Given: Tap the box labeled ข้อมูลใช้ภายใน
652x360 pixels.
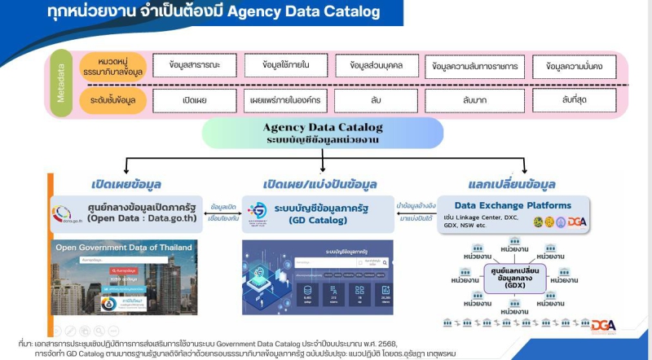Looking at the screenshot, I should pyautogui.click(x=279, y=65).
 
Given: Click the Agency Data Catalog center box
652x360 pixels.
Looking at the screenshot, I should pyautogui.click(x=323, y=132).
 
